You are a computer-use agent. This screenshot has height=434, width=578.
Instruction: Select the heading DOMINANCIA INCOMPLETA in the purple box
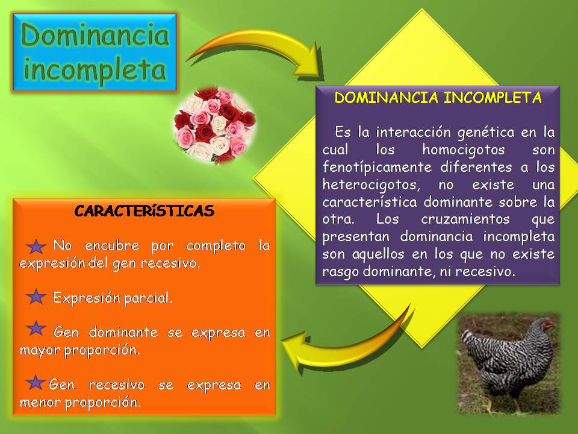click(x=438, y=98)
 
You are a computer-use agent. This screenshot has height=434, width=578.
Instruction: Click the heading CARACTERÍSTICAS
click(x=144, y=211)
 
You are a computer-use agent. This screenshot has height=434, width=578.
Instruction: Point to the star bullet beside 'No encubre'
click(x=37, y=247)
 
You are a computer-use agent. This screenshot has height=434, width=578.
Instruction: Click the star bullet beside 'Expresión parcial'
click(x=37, y=297)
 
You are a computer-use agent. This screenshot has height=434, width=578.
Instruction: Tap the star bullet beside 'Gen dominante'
click(x=37, y=329)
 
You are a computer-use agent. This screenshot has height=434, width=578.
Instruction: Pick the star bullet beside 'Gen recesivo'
click(x=36, y=382)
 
